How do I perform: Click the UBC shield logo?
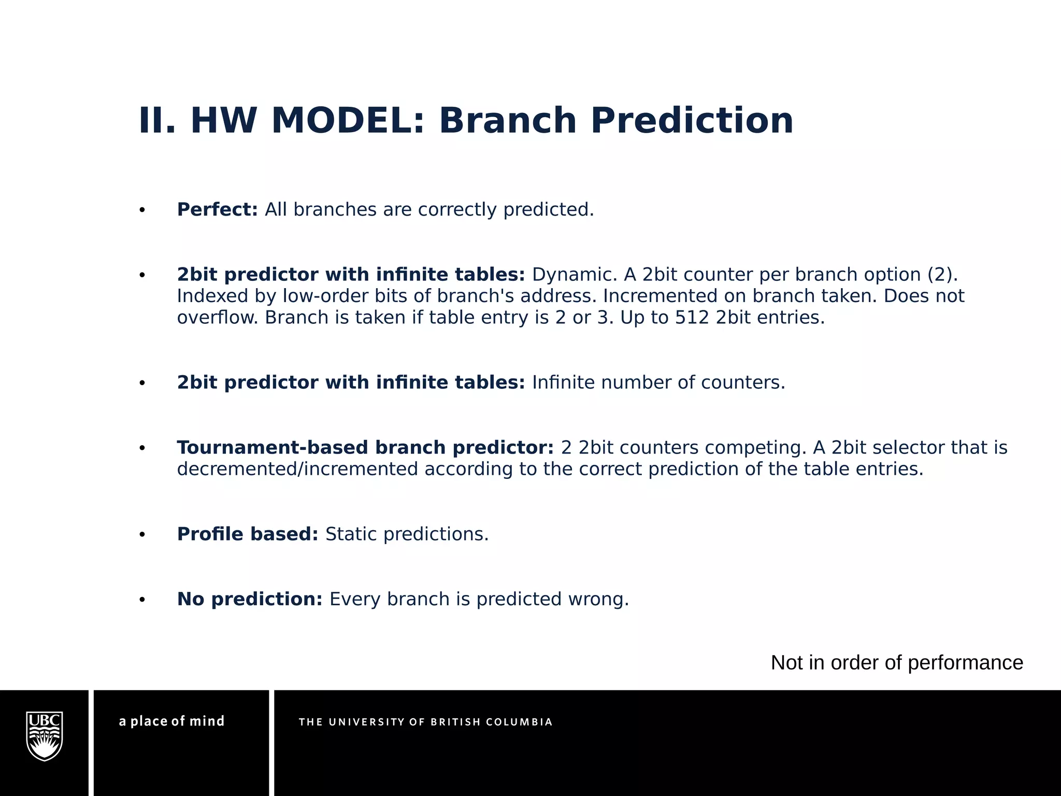pyautogui.click(x=45, y=736)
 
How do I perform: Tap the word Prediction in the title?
pyautogui.click(x=692, y=121)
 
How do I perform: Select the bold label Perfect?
pyautogui.click(x=217, y=209)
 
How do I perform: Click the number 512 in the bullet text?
pyautogui.click(x=692, y=317)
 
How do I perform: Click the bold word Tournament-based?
pyautogui.click(x=273, y=447)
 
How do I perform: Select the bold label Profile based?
pyautogui.click(x=247, y=534)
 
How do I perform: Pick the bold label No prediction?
pyautogui.click(x=250, y=599)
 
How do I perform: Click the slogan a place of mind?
pyautogui.click(x=171, y=721)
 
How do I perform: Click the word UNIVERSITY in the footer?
pyautogui.click(x=367, y=722)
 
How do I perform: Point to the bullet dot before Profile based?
pyautogui.click(x=142, y=535)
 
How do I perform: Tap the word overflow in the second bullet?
pyautogui.click(x=217, y=317)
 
